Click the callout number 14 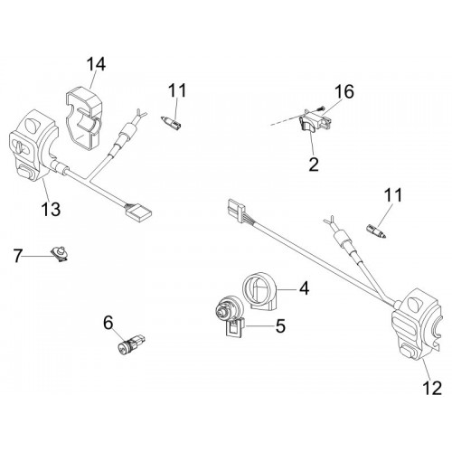[x=97, y=64]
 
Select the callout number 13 [x=51, y=209]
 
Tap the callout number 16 [x=344, y=91]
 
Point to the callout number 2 [x=314, y=165]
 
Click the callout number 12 [x=432, y=388]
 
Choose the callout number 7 [x=18, y=256]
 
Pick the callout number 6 [x=108, y=323]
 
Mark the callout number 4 [x=305, y=288]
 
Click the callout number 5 [x=280, y=325]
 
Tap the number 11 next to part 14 [x=177, y=90]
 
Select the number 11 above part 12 [x=392, y=195]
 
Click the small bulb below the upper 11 [x=171, y=123]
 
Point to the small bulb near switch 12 [x=376, y=231]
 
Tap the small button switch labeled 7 [x=61, y=254]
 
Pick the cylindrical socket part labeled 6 [x=130, y=345]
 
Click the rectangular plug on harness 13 [x=138, y=211]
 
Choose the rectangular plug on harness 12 [x=236, y=210]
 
